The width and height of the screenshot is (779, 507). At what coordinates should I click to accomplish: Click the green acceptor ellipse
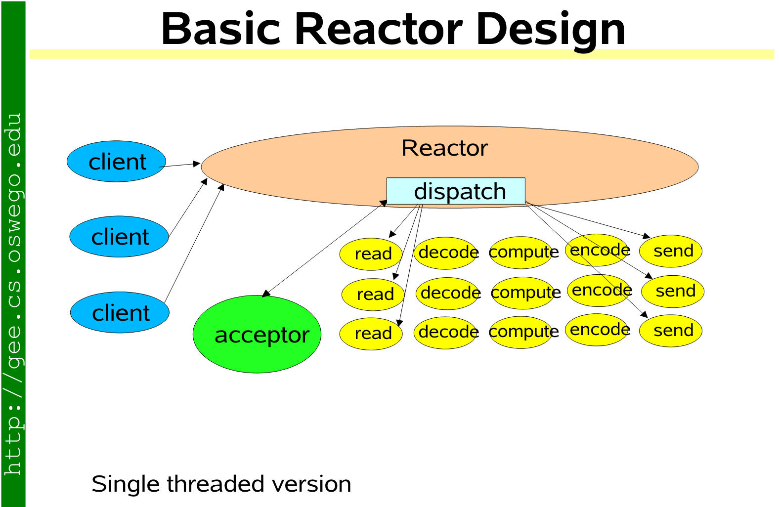pyautogui.click(x=257, y=335)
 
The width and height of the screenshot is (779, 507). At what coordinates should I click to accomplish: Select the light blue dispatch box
pyautogui.click(x=456, y=191)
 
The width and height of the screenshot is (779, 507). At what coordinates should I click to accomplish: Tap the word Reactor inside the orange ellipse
pyautogui.click(x=444, y=148)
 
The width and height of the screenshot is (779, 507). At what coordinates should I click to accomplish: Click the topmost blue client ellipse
pyautogui.click(x=117, y=162)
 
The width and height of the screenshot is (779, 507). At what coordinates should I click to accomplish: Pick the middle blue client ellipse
pyautogui.click(x=119, y=237)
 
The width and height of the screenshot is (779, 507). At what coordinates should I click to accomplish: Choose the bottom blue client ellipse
pyautogui.click(x=120, y=313)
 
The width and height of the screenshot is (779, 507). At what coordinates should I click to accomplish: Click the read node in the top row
pyautogui.click(x=371, y=254)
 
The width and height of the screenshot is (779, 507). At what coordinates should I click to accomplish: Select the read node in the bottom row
pyautogui.click(x=371, y=334)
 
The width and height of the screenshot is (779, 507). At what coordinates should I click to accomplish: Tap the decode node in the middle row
pyautogui.click(x=448, y=293)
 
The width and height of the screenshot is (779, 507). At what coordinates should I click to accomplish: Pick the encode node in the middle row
pyautogui.click(x=600, y=290)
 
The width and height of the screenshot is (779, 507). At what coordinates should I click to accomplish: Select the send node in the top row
pyautogui.click(x=671, y=251)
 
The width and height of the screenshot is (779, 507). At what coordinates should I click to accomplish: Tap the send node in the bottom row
pyautogui.click(x=671, y=331)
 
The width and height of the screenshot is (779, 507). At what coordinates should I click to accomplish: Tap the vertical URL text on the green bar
pyautogui.click(x=13, y=294)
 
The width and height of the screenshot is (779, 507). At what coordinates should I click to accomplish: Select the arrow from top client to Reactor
pyautogui.click(x=180, y=165)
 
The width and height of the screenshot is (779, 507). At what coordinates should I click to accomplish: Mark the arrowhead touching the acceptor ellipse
pyautogui.click(x=266, y=294)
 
